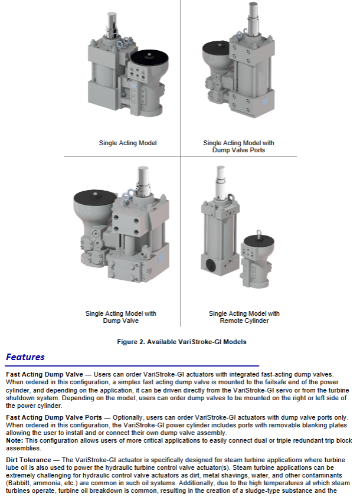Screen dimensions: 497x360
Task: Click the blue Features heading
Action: tap(25, 357)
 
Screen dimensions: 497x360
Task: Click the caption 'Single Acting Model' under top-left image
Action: tap(127, 143)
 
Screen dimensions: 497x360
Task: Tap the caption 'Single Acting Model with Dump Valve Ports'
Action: tap(238, 146)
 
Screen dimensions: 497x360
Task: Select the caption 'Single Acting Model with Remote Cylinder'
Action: tap(244, 317)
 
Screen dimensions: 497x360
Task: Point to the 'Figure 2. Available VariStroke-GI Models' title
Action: tap(180, 342)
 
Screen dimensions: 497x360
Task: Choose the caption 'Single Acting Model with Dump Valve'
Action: tap(121, 317)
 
